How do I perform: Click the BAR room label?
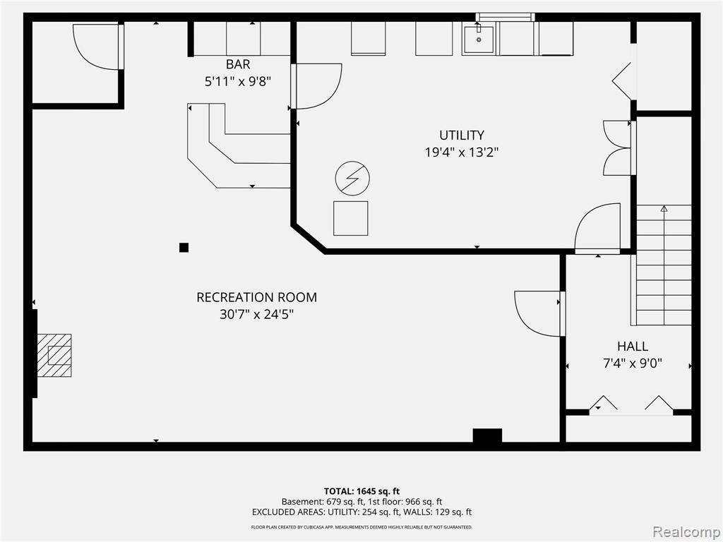tap(238, 64)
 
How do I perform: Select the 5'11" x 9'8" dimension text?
tap(238, 82)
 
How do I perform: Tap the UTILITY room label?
tap(462, 135)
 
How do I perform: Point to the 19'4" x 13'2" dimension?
tap(462, 152)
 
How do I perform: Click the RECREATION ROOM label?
tap(257, 297)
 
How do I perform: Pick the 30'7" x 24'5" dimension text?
tap(257, 314)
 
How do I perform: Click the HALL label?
tap(633, 346)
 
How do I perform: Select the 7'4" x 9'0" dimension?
tap(633, 363)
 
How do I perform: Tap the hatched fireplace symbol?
tap(54, 356)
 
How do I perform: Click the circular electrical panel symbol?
tap(353, 179)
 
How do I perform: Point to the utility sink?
tap(479, 40)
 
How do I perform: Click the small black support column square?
tap(184, 248)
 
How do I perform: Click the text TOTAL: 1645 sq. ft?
tap(361, 491)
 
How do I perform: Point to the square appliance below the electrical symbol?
tap(351, 219)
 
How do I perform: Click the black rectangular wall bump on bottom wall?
tap(487, 436)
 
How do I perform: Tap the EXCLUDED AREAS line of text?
tap(362, 512)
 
